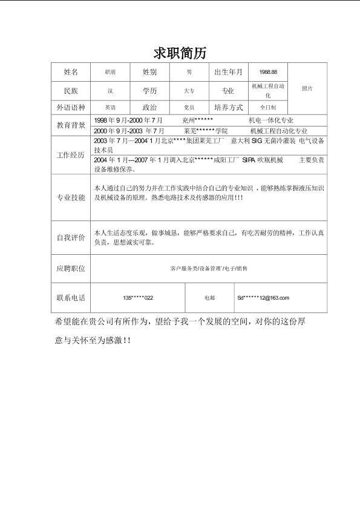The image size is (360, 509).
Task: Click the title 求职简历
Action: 180,53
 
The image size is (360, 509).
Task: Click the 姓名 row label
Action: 71,72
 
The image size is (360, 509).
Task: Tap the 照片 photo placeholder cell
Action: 307,88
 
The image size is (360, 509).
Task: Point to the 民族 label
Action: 71,91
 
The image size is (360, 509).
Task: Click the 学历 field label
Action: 149,91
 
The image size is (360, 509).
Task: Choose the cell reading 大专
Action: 189,91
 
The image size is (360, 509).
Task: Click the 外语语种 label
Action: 71,107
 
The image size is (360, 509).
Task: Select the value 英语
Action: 110,107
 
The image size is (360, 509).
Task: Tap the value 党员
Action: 189,107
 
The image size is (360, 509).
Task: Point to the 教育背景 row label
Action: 71,125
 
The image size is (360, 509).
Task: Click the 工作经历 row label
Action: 71,155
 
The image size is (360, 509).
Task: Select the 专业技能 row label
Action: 71,198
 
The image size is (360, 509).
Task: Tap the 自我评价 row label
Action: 71,238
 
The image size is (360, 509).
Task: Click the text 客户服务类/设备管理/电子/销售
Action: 209,268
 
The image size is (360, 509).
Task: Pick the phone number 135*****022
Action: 138,298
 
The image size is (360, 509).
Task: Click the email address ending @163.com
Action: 263,298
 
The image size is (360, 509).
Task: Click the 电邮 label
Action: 210,298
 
